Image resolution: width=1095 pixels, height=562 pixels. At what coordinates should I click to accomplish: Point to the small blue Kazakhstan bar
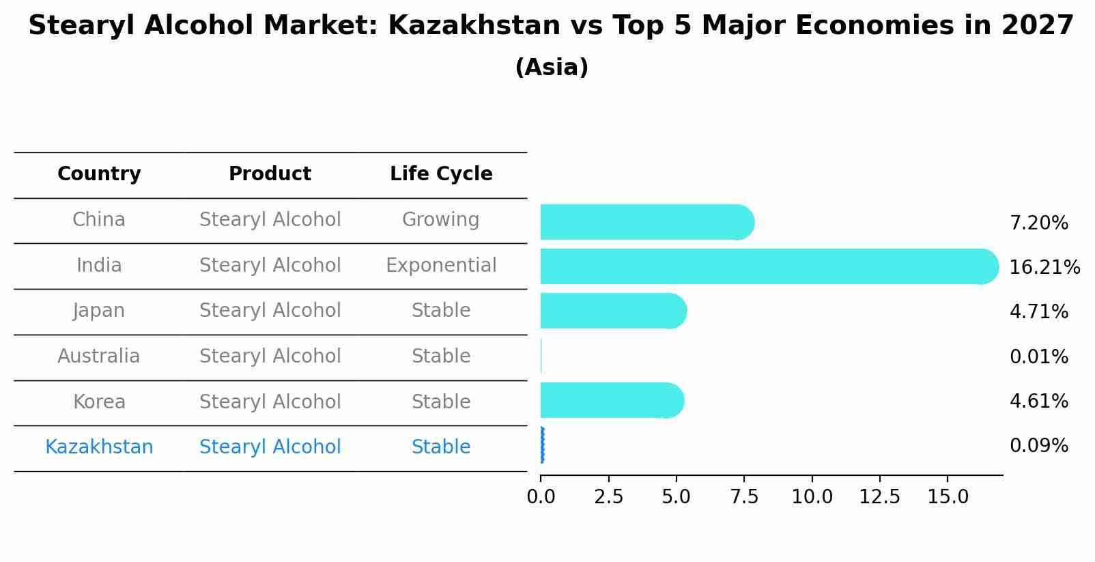(x=542, y=445)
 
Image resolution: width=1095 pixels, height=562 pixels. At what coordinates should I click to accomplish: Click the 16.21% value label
(x=1044, y=267)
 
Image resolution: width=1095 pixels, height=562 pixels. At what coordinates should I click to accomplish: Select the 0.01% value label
(x=1038, y=356)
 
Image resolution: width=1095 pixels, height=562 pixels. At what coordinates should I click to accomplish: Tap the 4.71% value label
(x=1038, y=311)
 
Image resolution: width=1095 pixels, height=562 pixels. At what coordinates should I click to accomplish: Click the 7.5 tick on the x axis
(x=744, y=497)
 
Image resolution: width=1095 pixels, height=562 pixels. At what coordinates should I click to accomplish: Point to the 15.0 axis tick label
(x=948, y=497)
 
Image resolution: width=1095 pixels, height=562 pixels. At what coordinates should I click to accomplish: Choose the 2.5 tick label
(x=608, y=497)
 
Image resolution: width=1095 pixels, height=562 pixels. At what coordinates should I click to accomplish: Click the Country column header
(x=99, y=174)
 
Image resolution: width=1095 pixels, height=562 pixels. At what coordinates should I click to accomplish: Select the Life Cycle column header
(x=441, y=174)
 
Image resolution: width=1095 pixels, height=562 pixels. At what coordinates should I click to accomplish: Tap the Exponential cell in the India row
(x=441, y=265)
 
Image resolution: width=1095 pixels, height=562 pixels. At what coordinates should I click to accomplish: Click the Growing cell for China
(x=440, y=220)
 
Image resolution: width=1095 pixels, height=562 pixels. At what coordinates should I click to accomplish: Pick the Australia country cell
(x=99, y=356)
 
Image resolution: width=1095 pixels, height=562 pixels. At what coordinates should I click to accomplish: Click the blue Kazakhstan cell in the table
(x=99, y=447)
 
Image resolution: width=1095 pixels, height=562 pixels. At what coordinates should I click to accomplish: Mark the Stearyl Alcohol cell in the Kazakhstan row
(x=270, y=447)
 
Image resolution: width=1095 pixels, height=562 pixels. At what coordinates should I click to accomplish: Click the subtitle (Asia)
(x=552, y=68)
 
